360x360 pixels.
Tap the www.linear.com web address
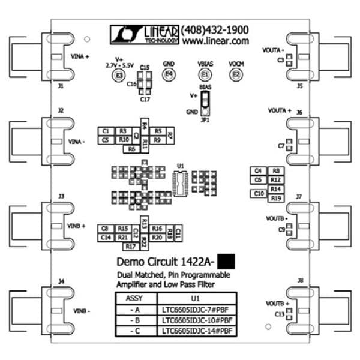tap(215, 41)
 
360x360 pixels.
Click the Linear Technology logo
tap(144, 34)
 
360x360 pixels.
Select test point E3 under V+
tap(119, 76)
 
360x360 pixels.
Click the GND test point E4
tap(169, 74)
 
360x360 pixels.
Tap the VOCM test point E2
tap(236, 74)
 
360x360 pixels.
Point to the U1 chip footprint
tap(180, 183)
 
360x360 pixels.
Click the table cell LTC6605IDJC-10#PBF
tap(196, 320)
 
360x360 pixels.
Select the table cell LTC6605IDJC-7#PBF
tap(196, 309)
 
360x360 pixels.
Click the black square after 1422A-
tap(226, 262)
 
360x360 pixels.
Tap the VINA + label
tap(80, 56)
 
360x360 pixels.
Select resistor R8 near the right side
tap(275, 171)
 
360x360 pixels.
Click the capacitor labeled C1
tap(106, 131)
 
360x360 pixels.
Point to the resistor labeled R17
tap(130, 246)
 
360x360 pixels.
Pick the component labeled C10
tap(259, 193)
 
